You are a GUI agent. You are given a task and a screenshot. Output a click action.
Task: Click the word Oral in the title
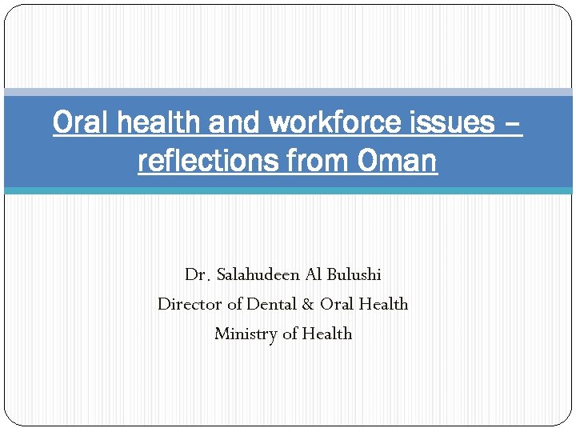pyautogui.click(x=77, y=123)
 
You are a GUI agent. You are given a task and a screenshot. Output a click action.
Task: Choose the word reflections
pyautogui.click(x=204, y=161)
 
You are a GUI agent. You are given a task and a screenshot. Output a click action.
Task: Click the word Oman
pyautogui.click(x=398, y=161)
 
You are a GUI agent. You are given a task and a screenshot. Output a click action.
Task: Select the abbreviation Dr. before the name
pyautogui.click(x=197, y=274)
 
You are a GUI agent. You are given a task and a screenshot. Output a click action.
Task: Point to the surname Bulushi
pyautogui.click(x=354, y=274)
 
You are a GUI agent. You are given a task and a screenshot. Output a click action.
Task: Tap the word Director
pyautogui.click(x=190, y=304)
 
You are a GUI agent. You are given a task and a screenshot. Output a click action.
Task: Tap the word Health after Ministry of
pyautogui.click(x=327, y=334)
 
